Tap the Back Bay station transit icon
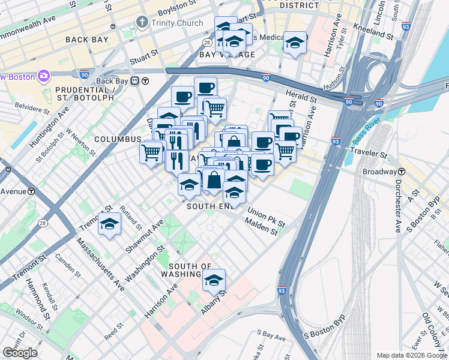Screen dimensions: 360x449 coord(136,81)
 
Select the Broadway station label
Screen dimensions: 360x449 coord(380,172)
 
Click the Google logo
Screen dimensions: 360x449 coord(20,353)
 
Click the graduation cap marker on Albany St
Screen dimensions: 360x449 coord(214,280)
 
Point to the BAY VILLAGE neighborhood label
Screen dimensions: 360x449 coord(227,55)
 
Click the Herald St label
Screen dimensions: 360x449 coord(302,97)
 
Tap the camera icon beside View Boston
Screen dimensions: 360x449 coord(43,76)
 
